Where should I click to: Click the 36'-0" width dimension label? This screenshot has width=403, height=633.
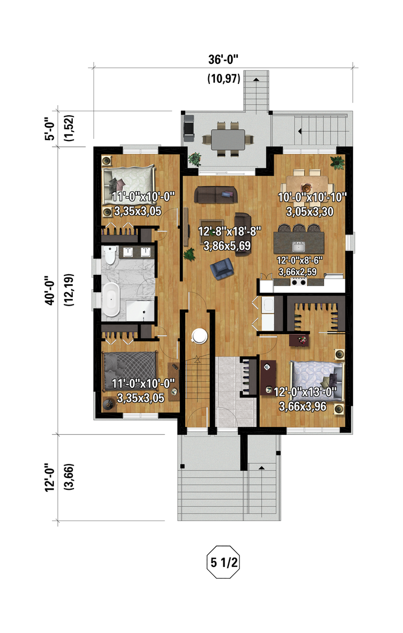(223, 59)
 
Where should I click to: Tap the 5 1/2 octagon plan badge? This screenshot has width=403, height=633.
(223, 562)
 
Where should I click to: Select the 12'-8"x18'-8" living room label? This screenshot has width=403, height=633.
(229, 231)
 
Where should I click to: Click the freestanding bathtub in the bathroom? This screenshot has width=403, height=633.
(111, 299)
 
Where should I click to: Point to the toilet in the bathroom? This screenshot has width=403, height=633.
(110, 255)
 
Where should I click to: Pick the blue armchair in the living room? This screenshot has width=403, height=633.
(222, 269)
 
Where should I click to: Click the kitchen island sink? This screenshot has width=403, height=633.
(298, 246)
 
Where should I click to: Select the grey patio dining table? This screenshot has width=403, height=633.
(228, 139)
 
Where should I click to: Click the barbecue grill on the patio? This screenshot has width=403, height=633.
(189, 126)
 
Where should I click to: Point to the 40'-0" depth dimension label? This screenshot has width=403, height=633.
(50, 290)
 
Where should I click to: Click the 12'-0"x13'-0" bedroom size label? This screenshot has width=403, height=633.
(305, 392)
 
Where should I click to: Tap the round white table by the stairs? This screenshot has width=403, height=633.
(199, 335)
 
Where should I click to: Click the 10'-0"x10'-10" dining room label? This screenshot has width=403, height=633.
(312, 197)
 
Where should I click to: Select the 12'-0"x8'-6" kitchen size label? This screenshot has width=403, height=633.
(299, 260)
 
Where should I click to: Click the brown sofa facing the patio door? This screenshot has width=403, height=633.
(216, 194)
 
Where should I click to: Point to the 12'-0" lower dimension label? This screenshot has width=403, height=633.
(50, 477)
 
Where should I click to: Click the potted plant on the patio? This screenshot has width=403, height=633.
(195, 158)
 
